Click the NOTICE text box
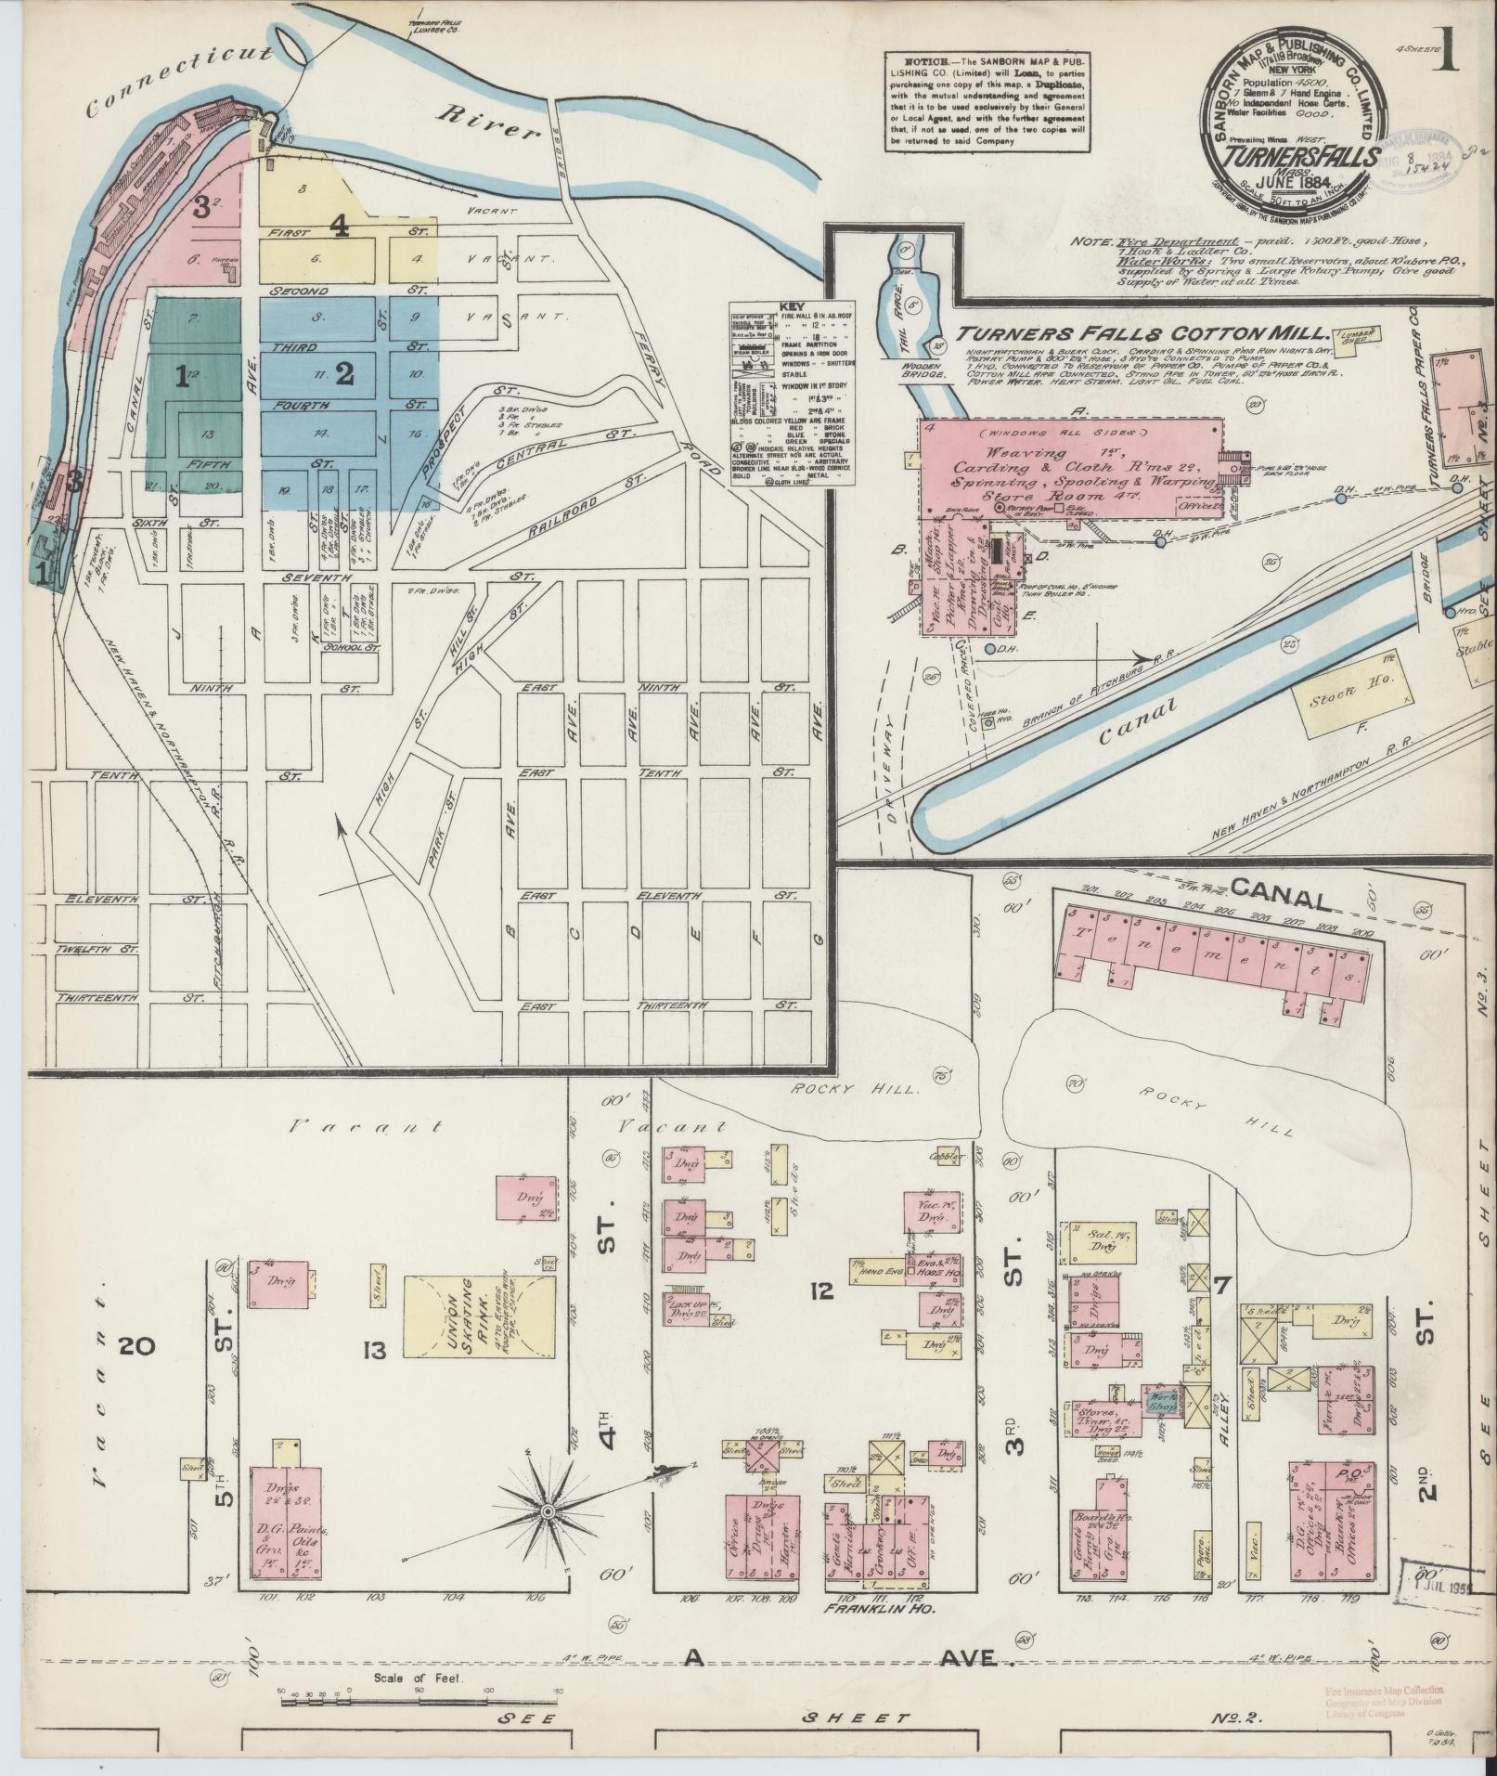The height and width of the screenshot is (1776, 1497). coord(987,100)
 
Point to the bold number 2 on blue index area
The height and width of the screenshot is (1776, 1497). coord(344,374)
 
